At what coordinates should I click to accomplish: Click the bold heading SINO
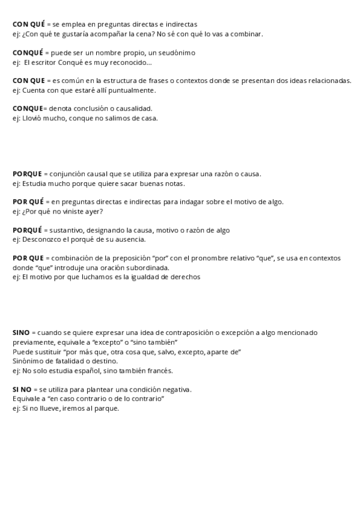20,333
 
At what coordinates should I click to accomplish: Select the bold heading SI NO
22,390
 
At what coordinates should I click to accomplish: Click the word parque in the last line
108,409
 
